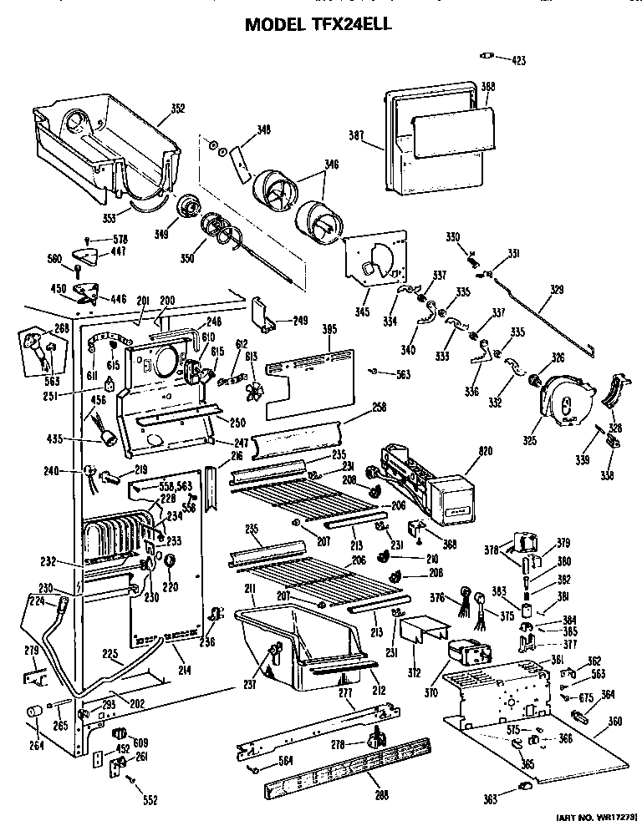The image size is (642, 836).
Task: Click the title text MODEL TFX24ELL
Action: (318, 24)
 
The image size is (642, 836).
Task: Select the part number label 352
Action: (177, 108)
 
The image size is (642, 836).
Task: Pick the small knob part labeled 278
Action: (378, 737)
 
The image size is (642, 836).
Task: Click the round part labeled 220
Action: (169, 560)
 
